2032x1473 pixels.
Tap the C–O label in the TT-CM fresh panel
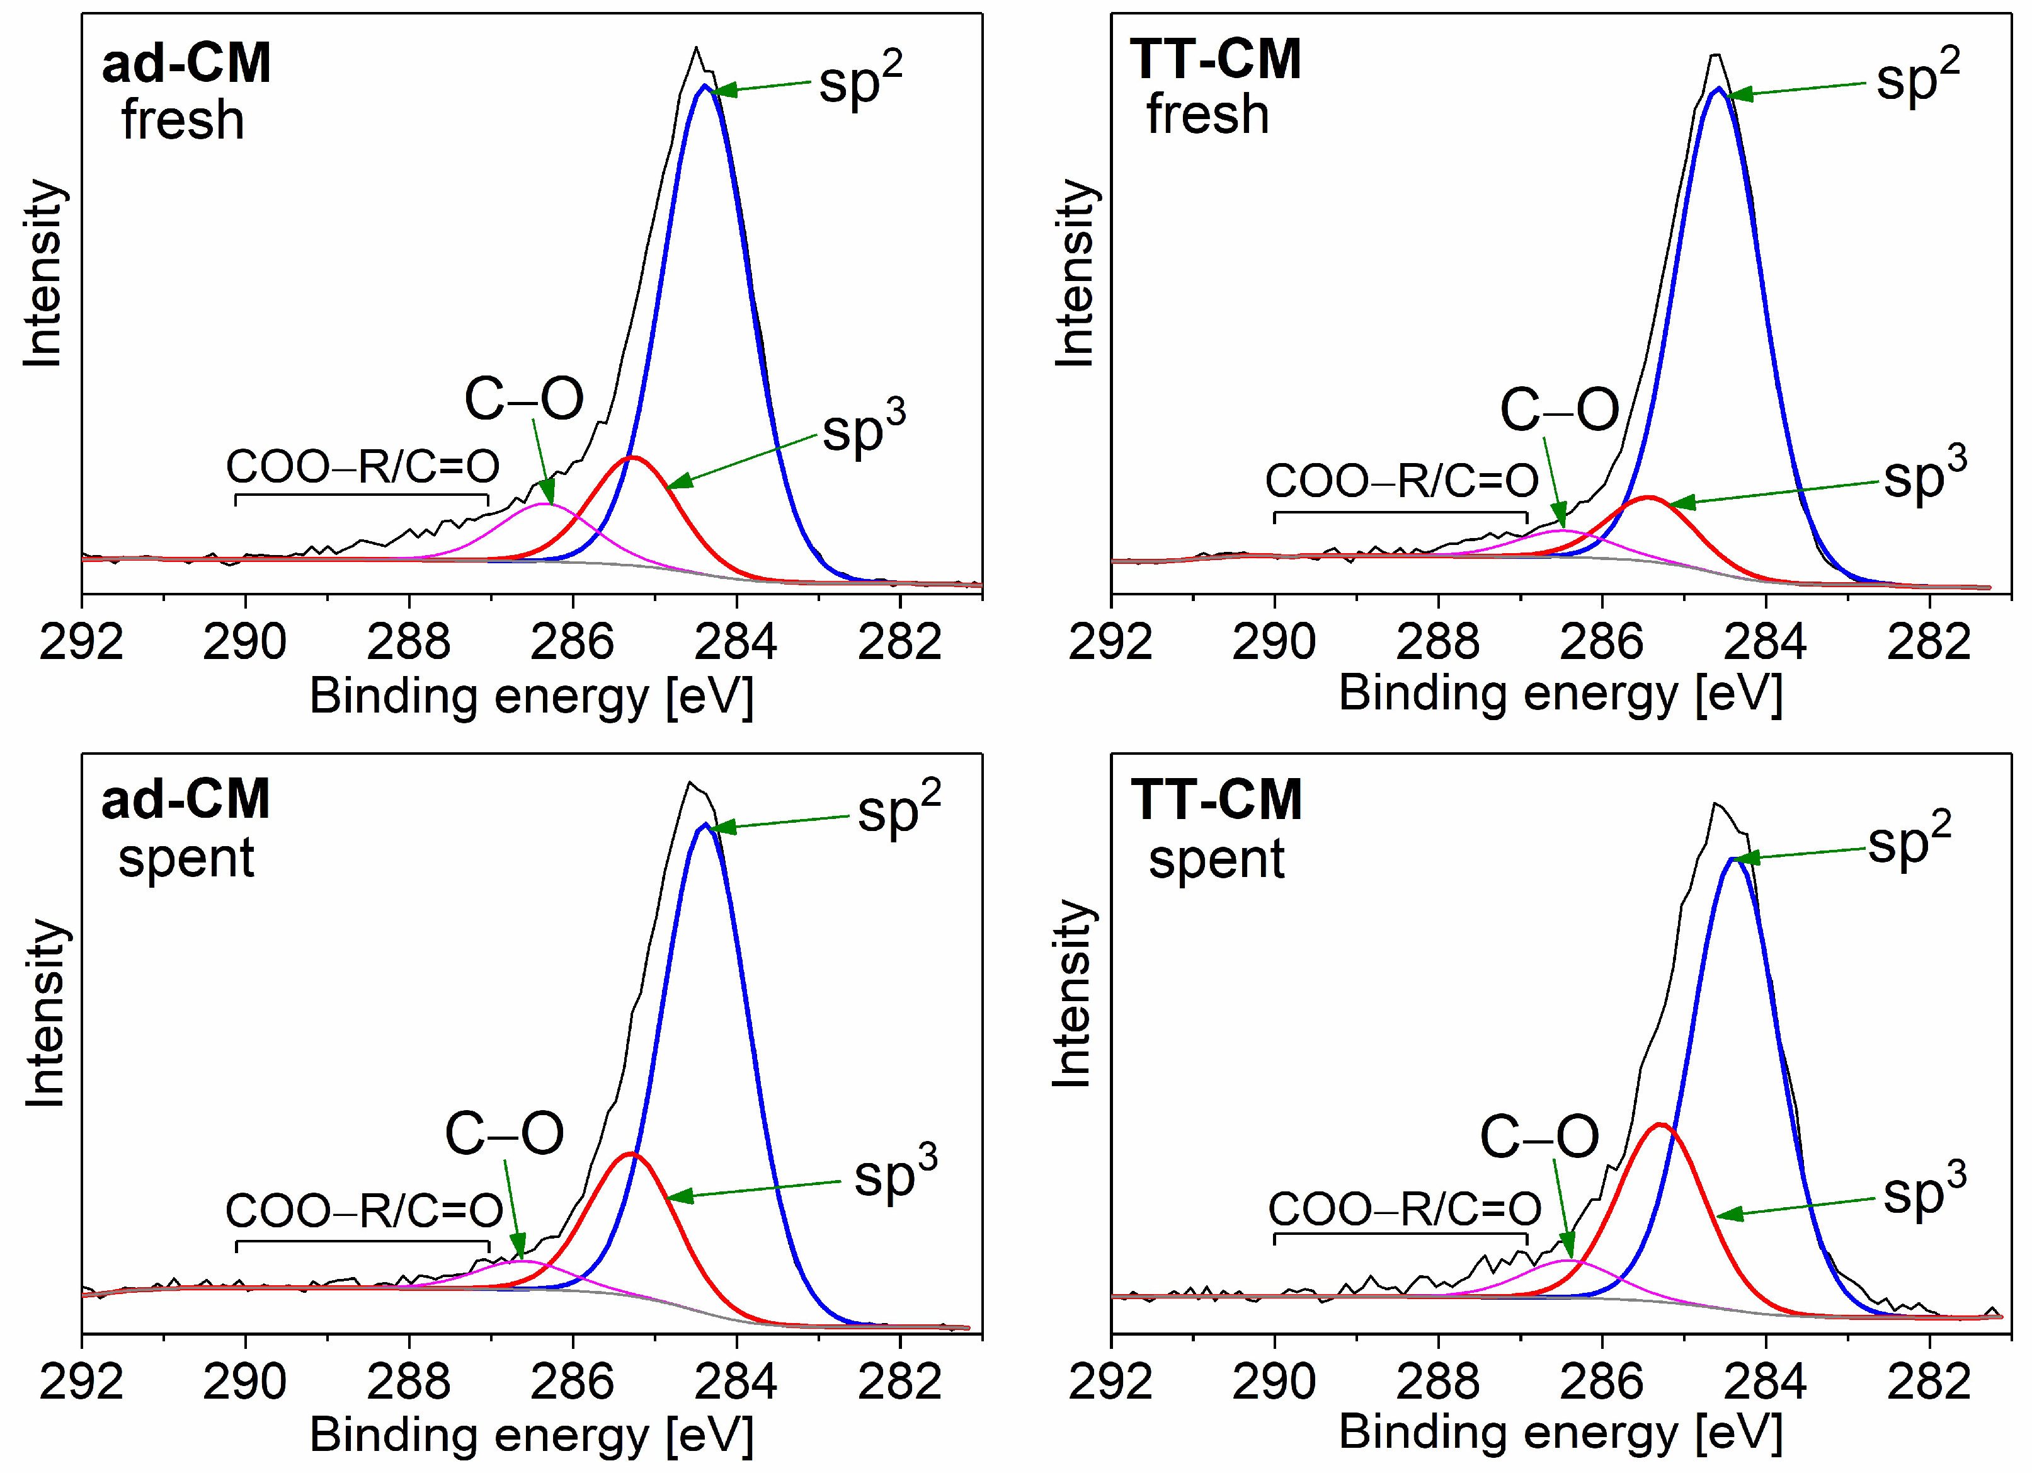(x=1559, y=410)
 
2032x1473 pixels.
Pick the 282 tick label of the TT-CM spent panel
(x=1928, y=1382)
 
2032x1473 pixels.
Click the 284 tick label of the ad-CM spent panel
(x=736, y=1382)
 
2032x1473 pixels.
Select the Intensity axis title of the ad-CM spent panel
(x=45, y=1012)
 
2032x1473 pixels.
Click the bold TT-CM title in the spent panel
(x=1215, y=800)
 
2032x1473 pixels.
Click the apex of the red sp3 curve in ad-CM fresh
(x=632, y=458)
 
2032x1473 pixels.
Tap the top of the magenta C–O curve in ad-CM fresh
(x=545, y=505)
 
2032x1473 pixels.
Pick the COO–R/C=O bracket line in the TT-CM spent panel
(x=1400, y=1235)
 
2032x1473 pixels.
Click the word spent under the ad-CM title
(x=186, y=858)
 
